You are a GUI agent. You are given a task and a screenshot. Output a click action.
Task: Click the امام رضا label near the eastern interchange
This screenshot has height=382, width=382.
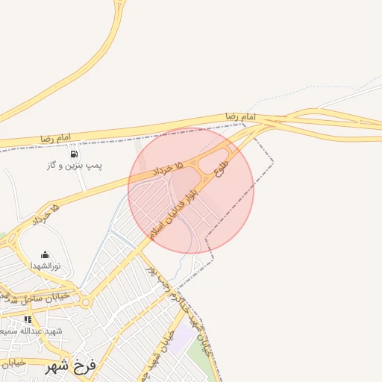pos(241,118)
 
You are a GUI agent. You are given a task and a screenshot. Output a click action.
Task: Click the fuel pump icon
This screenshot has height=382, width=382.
pos(74,154)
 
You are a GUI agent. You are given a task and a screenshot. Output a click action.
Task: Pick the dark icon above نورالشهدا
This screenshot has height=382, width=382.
pos(46,254)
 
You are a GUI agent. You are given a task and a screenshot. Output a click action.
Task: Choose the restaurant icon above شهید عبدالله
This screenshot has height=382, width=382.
pos(28,319)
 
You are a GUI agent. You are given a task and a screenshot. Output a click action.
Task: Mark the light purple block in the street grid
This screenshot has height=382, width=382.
pos(179,339)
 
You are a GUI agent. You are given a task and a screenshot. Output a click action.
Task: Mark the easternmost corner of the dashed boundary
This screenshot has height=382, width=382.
pos(273,161)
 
